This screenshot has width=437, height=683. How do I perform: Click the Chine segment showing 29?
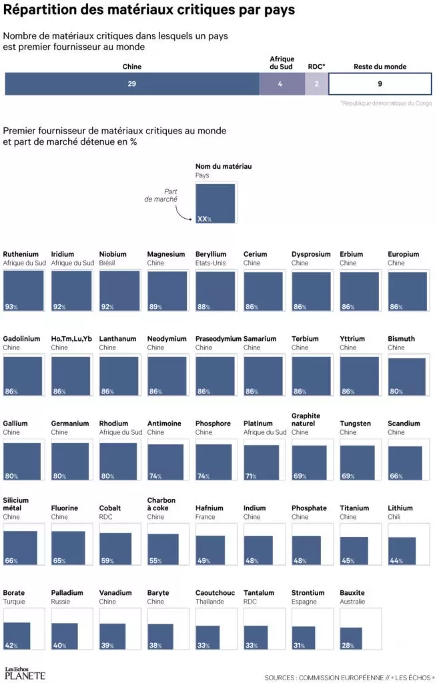coord(132,84)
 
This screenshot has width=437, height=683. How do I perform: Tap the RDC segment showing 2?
coord(316,84)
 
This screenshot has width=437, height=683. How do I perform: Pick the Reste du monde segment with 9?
coord(380,84)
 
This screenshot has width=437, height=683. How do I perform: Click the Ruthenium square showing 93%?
coord(24,291)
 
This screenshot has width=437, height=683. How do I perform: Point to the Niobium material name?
coord(113,254)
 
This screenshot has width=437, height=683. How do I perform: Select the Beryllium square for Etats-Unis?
coord(215,291)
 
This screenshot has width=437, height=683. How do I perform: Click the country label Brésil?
coord(107,263)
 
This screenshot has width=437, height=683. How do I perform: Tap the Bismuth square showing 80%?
coord(407,378)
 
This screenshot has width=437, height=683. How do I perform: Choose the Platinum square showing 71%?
coord(263,462)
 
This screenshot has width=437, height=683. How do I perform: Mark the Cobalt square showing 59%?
coord(115,549)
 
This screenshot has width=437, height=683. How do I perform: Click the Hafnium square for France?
coord(211,550)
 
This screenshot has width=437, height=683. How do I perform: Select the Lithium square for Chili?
coord(402,551)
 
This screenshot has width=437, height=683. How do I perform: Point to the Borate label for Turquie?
coord(14,592)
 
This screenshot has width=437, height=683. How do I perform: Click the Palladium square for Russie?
coord(65,636)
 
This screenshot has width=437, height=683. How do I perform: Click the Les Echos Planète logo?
coord(25,674)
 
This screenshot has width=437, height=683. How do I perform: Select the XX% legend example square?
coord(215,203)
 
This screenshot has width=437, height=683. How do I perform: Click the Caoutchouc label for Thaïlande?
coord(215,592)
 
